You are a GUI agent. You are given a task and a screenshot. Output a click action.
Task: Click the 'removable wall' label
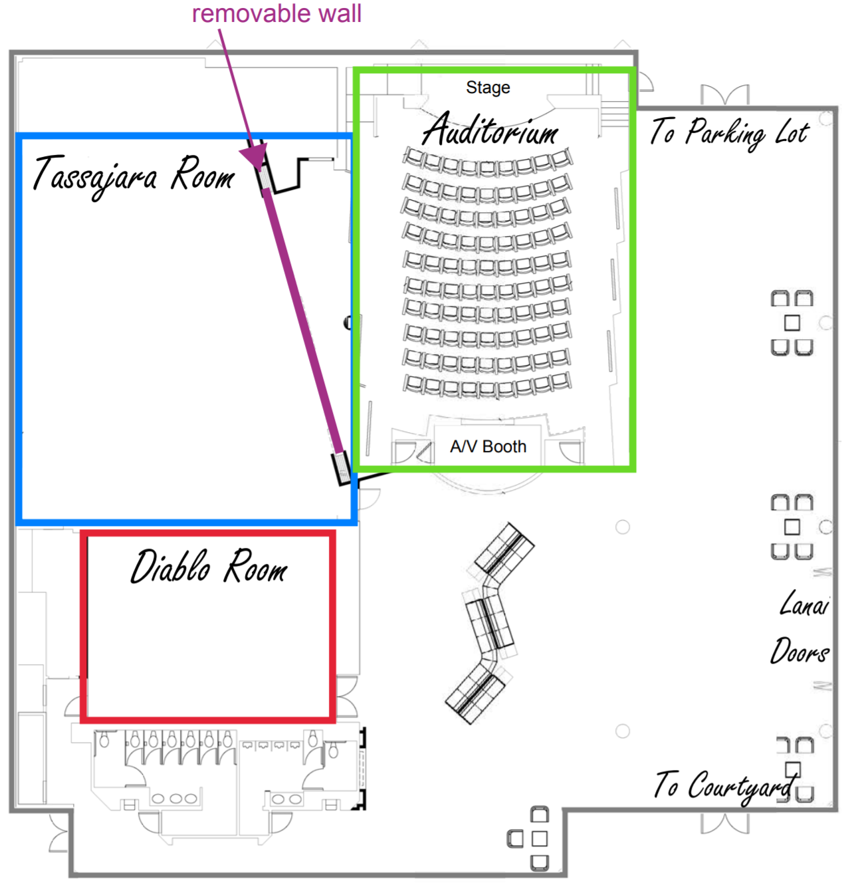276,13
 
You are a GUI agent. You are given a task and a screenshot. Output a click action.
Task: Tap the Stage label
488,88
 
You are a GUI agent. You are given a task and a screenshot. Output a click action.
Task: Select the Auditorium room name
490,130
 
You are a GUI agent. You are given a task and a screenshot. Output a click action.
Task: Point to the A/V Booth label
488,447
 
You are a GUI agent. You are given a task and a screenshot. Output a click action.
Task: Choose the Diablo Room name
208,567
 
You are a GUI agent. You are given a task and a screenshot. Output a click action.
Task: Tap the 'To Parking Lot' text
729,132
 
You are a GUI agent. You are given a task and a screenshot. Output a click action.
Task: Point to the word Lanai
804,604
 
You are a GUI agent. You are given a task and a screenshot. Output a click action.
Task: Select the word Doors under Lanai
800,651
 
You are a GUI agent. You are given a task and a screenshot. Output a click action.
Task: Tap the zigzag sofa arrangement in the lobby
490,624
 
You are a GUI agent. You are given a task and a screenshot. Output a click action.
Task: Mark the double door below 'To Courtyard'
724,823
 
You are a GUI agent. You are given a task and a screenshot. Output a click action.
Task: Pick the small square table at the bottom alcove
539,838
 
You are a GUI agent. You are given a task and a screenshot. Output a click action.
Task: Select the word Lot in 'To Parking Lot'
792,133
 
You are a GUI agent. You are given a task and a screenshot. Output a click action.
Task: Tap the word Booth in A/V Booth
504,447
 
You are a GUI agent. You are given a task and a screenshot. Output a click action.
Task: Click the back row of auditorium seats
487,385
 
